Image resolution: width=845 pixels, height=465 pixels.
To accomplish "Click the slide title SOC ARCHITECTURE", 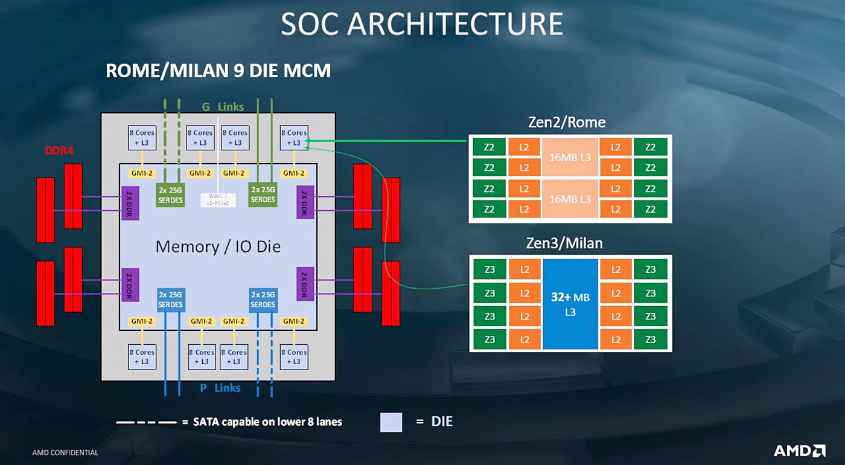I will coord(422,24).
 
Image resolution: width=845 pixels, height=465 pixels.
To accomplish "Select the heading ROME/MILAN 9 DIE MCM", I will coord(218,71).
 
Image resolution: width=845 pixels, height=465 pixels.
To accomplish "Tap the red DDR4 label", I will coord(59,150).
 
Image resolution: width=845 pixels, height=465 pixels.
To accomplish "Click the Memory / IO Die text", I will coord(218,246).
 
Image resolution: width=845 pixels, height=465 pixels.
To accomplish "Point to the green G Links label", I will coord(223,107).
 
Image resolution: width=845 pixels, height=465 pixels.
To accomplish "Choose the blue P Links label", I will coord(220,388).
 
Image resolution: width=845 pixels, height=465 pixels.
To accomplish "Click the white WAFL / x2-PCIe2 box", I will coord(218,199).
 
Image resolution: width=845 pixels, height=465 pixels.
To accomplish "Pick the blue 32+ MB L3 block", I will coord(570,304).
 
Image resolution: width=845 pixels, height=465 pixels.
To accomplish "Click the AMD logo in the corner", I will coord(799,451).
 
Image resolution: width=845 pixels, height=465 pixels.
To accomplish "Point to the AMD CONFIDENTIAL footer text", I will coord(65,452).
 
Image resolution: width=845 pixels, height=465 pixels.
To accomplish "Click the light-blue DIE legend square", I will coord(391,422).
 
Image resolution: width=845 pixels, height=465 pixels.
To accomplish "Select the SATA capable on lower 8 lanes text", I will coord(267,422).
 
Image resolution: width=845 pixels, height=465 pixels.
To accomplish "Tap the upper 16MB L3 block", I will coord(570,157).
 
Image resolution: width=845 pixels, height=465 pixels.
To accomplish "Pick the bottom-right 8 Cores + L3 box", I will coord(294,356).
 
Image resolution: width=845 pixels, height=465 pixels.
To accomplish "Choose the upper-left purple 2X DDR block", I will coord(130,203).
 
